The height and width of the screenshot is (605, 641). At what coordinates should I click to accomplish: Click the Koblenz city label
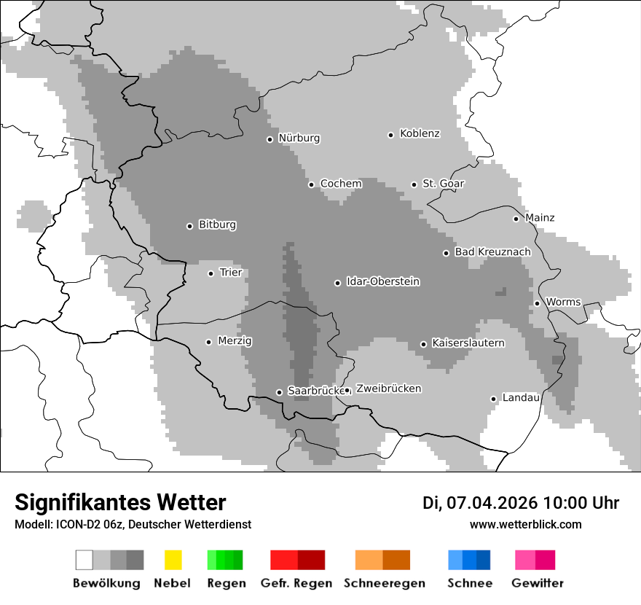click(420, 133)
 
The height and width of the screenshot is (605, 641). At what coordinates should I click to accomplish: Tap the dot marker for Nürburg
click(270, 139)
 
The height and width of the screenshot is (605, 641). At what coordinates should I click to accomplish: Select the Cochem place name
click(341, 184)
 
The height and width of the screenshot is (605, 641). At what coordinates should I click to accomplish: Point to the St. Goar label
click(443, 184)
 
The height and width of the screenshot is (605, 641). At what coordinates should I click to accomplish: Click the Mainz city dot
click(516, 219)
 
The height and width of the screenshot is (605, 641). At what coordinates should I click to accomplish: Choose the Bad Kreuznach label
click(492, 252)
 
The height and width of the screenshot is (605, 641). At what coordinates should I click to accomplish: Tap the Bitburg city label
click(217, 225)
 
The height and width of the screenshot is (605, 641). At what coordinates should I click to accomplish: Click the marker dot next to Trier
click(211, 273)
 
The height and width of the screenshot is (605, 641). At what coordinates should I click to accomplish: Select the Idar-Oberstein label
click(382, 282)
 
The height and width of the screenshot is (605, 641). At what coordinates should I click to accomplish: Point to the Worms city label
click(563, 302)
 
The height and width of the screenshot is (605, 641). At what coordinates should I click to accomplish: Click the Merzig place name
click(235, 341)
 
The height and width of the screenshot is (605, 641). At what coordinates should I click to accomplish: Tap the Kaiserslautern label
click(468, 343)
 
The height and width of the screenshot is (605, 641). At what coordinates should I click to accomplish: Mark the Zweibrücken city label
click(388, 389)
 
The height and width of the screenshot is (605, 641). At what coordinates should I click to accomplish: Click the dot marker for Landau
click(493, 399)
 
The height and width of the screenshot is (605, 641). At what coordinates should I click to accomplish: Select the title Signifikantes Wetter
click(120, 502)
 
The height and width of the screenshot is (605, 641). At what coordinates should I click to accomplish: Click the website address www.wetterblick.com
click(525, 524)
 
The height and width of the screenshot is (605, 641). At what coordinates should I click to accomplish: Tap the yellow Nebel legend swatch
click(173, 560)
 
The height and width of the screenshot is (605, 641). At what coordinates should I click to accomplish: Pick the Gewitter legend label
click(537, 583)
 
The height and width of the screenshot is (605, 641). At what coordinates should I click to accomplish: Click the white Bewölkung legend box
click(84, 560)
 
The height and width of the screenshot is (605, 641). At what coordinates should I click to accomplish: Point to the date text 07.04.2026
click(492, 503)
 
